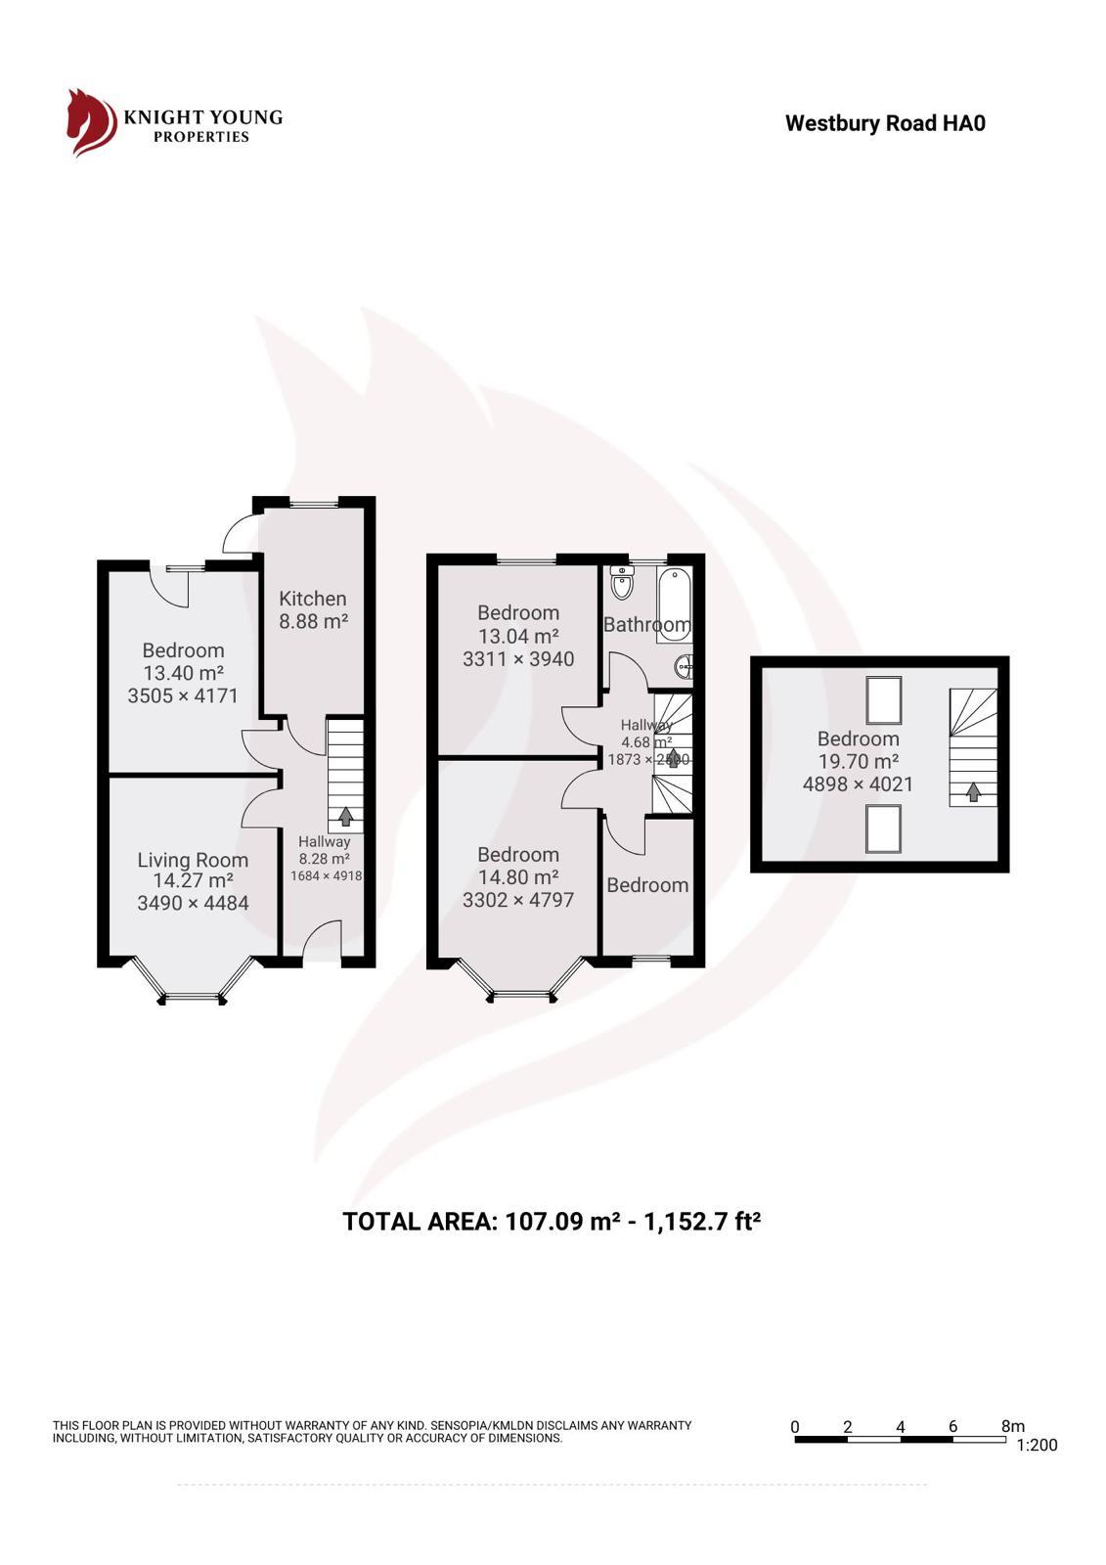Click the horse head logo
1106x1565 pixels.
point(90,122)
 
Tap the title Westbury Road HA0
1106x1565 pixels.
point(885,123)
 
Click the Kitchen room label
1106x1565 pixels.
point(312,599)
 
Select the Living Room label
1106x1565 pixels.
point(193,860)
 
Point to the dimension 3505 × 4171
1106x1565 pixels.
point(183,695)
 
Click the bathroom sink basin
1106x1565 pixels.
point(684,667)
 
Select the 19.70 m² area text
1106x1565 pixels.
point(859,761)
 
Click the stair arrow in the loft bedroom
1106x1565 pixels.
point(973,792)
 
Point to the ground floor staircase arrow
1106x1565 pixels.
point(345,816)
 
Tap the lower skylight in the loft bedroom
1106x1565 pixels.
point(884,829)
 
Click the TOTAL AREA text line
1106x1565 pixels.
point(552,1222)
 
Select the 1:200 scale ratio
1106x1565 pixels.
point(1037,1445)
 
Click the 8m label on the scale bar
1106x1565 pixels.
point(1013,1427)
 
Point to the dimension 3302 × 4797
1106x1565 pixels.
point(518,900)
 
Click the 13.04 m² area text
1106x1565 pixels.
point(518,636)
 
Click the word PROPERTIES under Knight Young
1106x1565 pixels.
point(201,137)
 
